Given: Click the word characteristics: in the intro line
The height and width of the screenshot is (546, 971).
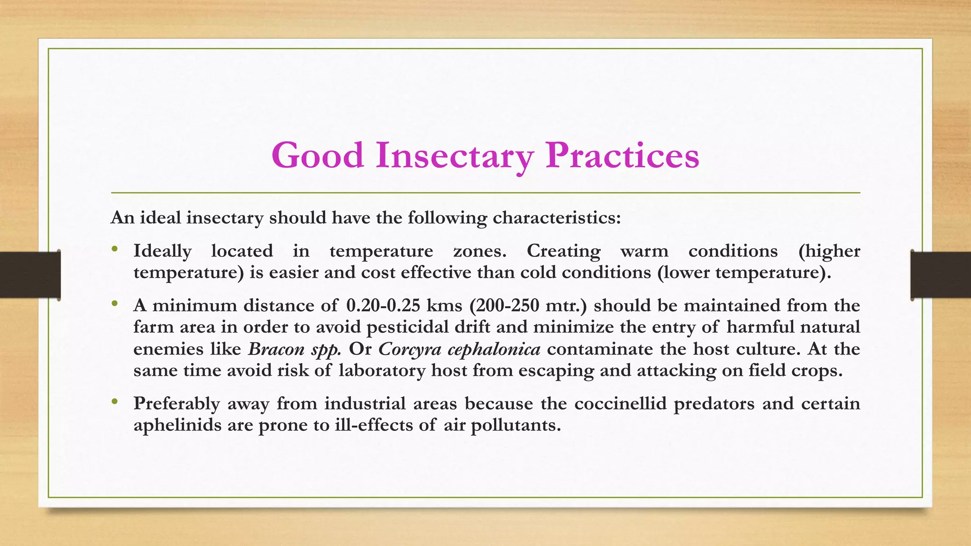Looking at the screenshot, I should (557, 218).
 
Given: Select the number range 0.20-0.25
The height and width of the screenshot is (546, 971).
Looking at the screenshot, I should (383, 306).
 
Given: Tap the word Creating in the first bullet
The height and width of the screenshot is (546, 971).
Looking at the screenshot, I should (563, 251).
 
